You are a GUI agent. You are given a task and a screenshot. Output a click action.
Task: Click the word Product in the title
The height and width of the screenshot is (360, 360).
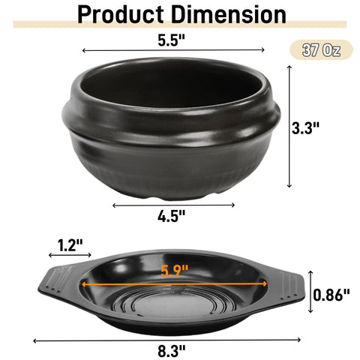click(x=121, y=14)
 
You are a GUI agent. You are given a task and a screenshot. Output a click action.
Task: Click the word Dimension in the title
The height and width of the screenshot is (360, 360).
click(x=229, y=14)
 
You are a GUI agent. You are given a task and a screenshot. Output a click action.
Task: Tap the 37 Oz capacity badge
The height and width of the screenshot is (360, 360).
click(x=321, y=50)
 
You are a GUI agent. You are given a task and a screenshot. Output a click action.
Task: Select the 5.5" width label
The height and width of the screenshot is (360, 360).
click(x=172, y=40)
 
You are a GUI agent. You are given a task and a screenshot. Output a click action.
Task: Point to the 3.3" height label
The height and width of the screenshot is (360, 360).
click(x=306, y=128)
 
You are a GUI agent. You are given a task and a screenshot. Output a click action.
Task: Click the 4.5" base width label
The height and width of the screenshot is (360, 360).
click(x=172, y=216)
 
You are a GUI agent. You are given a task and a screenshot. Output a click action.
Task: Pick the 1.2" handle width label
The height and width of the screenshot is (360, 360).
click(x=70, y=245)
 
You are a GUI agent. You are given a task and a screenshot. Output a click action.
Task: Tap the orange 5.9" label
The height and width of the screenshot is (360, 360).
click(x=174, y=271)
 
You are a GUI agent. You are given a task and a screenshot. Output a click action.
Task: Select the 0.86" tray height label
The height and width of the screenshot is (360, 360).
click(x=331, y=295)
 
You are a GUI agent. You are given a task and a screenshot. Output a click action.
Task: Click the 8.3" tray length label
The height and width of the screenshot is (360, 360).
click(x=172, y=351)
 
